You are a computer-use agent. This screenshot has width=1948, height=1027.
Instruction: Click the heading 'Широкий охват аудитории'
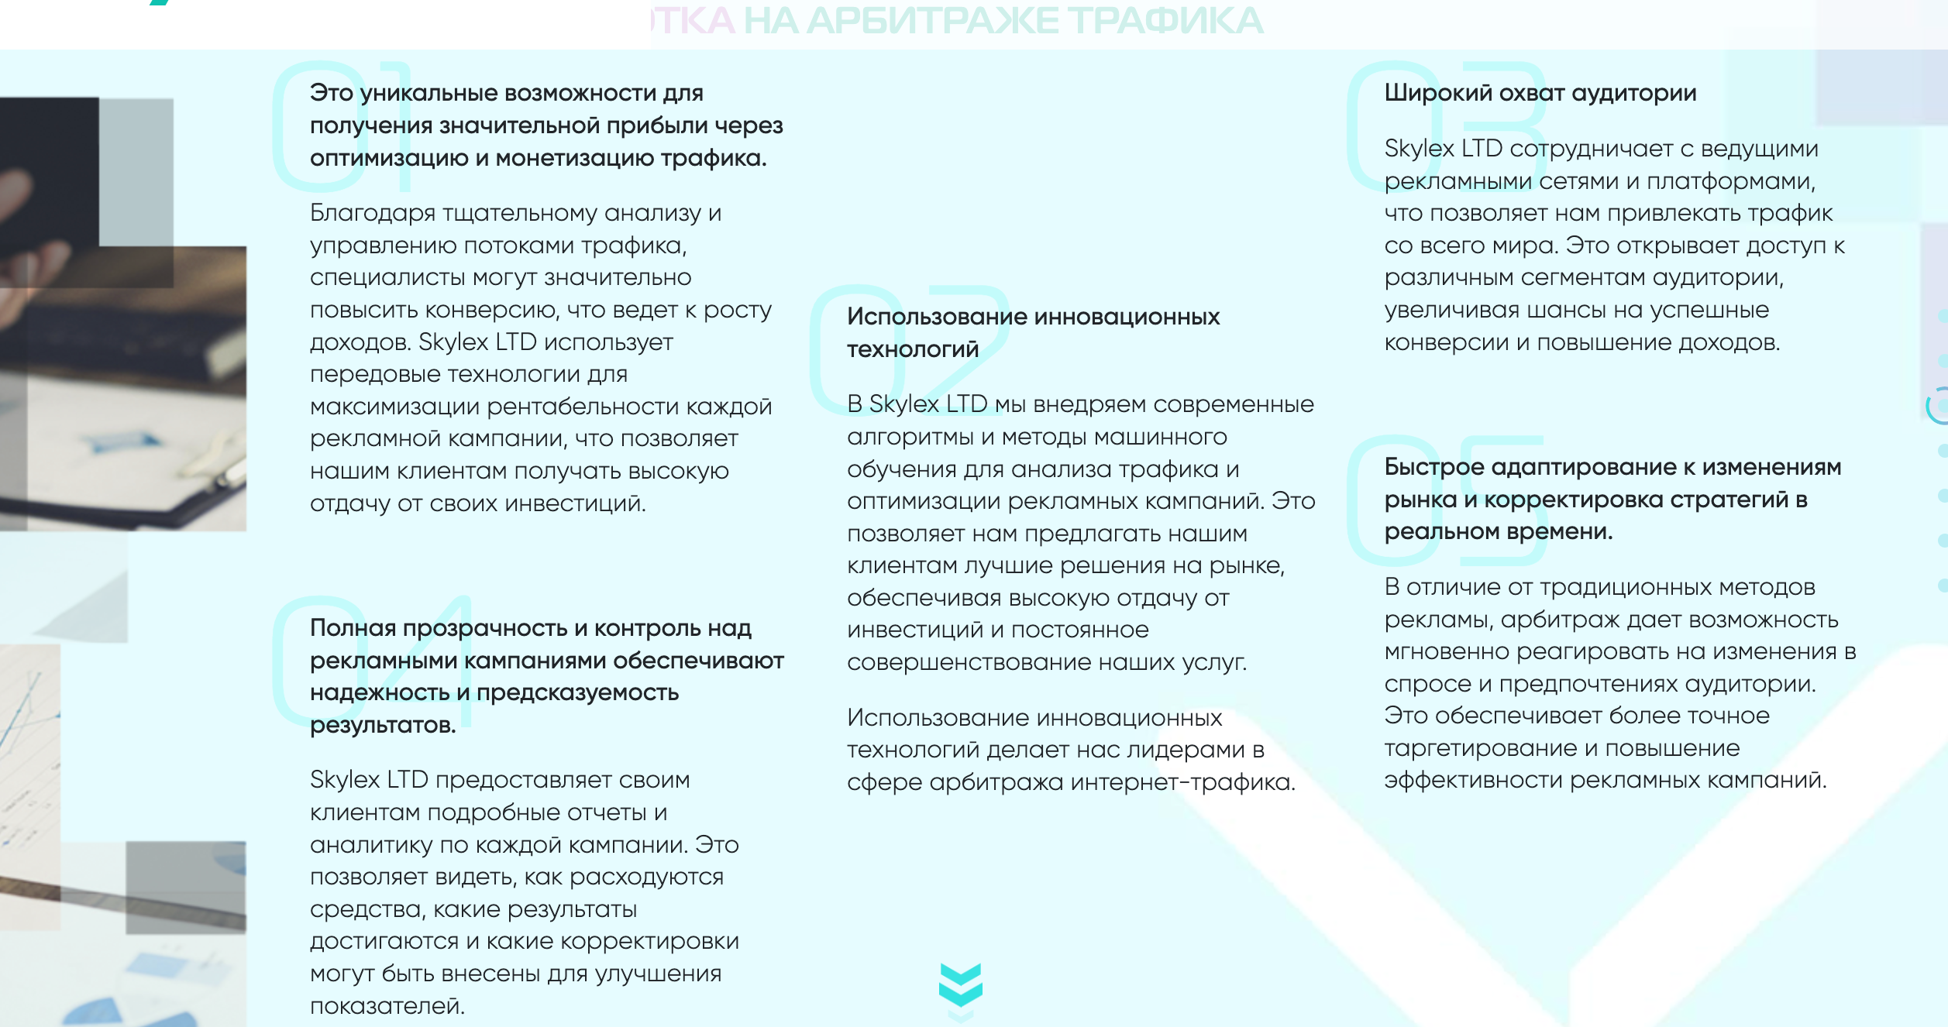pos(1540,93)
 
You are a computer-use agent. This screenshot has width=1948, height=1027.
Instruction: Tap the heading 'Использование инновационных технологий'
pos(1033,332)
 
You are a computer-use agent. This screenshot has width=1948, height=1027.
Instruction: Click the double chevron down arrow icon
pos(960,985)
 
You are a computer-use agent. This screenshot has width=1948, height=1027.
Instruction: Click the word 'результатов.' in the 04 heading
pos(383,725)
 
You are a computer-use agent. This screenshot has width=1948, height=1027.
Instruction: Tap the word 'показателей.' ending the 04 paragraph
pos(387,1006)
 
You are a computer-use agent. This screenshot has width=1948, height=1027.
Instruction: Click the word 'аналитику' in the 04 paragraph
pos(372,845)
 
